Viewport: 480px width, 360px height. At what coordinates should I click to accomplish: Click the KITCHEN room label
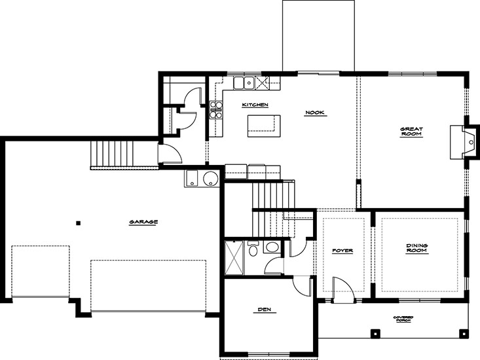(255, 105)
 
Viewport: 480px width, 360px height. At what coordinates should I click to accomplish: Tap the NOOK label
(314, 113)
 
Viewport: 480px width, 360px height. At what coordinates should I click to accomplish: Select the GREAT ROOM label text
(411, 132)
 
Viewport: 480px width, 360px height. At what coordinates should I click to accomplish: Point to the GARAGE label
(143, 222)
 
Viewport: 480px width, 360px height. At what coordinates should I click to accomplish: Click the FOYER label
(342, 251)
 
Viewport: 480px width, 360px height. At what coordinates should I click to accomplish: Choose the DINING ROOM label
(416, 248)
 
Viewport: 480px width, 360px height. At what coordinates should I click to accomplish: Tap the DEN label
(265, 310)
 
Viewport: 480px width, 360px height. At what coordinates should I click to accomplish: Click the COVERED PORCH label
(403, 319)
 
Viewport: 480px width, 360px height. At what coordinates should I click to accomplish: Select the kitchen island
(264, 126)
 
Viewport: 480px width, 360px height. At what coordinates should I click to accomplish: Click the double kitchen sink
(244, 82)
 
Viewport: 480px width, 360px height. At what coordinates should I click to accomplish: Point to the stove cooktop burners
(216, 109)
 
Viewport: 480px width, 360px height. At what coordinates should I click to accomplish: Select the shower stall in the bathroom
(234, 257)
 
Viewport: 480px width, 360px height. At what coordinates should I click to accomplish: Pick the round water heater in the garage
(211, 178)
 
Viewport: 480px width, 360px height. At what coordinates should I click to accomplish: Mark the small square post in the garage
(79, 223)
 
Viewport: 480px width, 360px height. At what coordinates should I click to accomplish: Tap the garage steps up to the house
(113, 154)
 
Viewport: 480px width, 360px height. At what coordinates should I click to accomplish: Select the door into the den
(301, 285)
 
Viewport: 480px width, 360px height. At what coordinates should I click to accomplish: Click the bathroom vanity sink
(271, 247)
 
